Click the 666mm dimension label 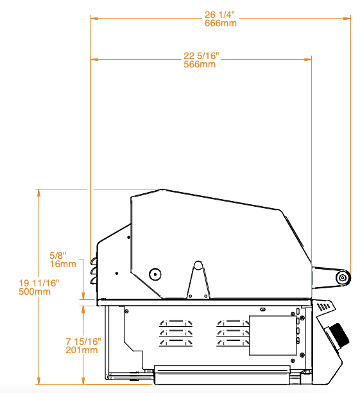point(221,23)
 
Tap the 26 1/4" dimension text point(219,15)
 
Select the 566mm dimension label point(200,64)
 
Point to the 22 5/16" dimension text point(201,56)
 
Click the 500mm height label point(35,292)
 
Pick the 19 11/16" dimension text point(39,283)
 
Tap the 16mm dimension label point(63,264)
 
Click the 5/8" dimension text point(58,256)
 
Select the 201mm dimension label point(81,350)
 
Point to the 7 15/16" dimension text point(83,342)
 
